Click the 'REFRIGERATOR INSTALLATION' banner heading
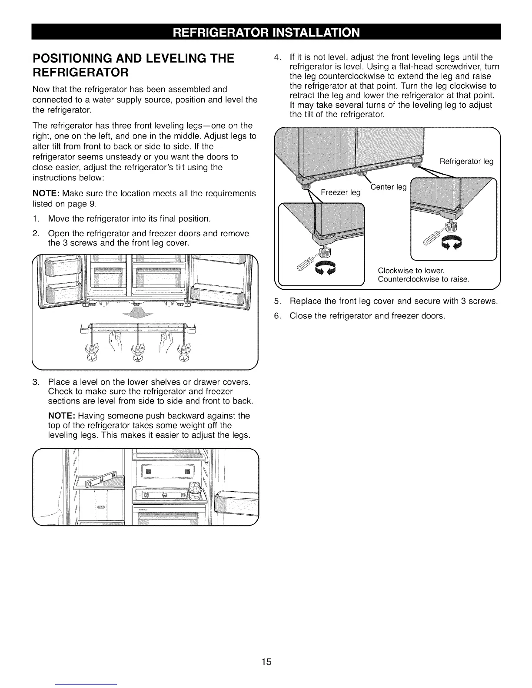click(266, 32)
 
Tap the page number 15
click(266, 662)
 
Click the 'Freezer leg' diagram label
click(341, 193)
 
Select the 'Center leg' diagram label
click(389, 187)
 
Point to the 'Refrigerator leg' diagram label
click(466, 162)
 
